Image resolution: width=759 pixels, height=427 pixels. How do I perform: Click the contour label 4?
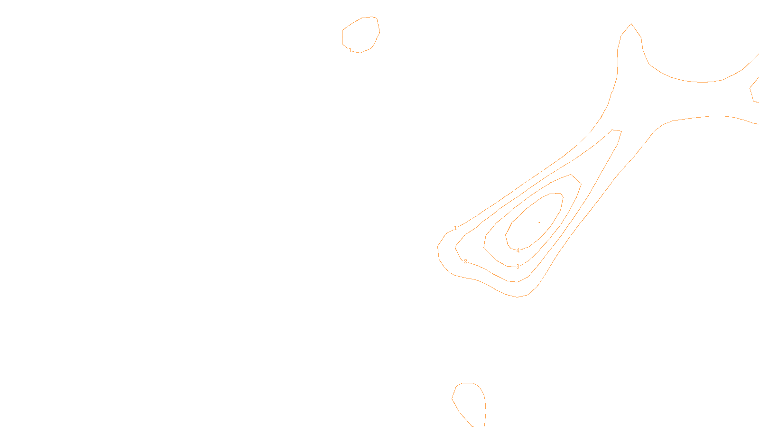point(518,251)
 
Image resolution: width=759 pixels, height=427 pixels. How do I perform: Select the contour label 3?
point(518,267)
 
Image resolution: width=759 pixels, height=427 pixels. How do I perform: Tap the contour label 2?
point(465,261)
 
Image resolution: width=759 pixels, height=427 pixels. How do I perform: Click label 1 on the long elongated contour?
point(456,228)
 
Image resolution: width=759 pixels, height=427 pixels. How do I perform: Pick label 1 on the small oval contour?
point(350,50)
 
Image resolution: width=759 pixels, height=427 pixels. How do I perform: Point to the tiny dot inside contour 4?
point(539,222)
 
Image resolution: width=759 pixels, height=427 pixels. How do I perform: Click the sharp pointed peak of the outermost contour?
point(630,24)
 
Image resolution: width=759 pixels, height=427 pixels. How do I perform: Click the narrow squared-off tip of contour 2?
point(616,130)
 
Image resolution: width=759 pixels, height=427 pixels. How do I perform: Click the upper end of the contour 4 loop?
point(555,195)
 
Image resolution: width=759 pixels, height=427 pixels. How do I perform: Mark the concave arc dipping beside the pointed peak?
point(697,81)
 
